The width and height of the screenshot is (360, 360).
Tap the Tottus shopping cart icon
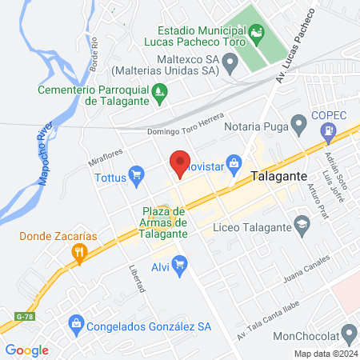[137, 172]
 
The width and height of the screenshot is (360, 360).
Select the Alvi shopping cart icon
[179, 262]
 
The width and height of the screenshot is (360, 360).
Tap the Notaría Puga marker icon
[298, 124]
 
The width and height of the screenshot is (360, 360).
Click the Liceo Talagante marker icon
[302, 222]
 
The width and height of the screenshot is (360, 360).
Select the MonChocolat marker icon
[348, 332]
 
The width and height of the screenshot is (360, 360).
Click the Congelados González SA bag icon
[75, 323]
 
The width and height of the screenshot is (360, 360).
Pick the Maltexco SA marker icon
[230, 60]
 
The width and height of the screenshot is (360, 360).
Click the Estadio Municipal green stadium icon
[255, 32]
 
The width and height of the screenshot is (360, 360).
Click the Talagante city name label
[279, 176]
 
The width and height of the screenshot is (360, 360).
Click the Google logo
[27, 350]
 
